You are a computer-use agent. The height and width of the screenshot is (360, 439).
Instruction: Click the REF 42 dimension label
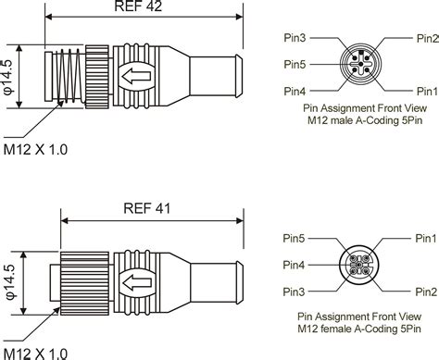[x=138, y=6]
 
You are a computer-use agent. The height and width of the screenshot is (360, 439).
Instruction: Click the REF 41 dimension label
[x=147, y=208]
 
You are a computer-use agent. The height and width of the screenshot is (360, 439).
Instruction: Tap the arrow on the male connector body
[x=136, y=76]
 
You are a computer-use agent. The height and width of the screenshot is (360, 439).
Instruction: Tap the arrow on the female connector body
[x=137, y=282]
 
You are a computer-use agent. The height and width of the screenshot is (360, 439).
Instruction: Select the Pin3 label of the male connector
[x=295, y=38]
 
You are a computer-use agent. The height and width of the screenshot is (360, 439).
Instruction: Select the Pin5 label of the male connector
[x=295, y=65]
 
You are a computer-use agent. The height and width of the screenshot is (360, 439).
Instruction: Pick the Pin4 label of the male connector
[x=295, y=92]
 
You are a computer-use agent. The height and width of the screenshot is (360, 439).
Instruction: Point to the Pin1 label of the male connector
[x=428, y=92]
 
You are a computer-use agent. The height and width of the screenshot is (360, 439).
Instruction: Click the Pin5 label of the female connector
[x=294, y=238]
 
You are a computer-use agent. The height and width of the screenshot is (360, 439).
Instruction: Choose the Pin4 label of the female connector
[x=294, y=265]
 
